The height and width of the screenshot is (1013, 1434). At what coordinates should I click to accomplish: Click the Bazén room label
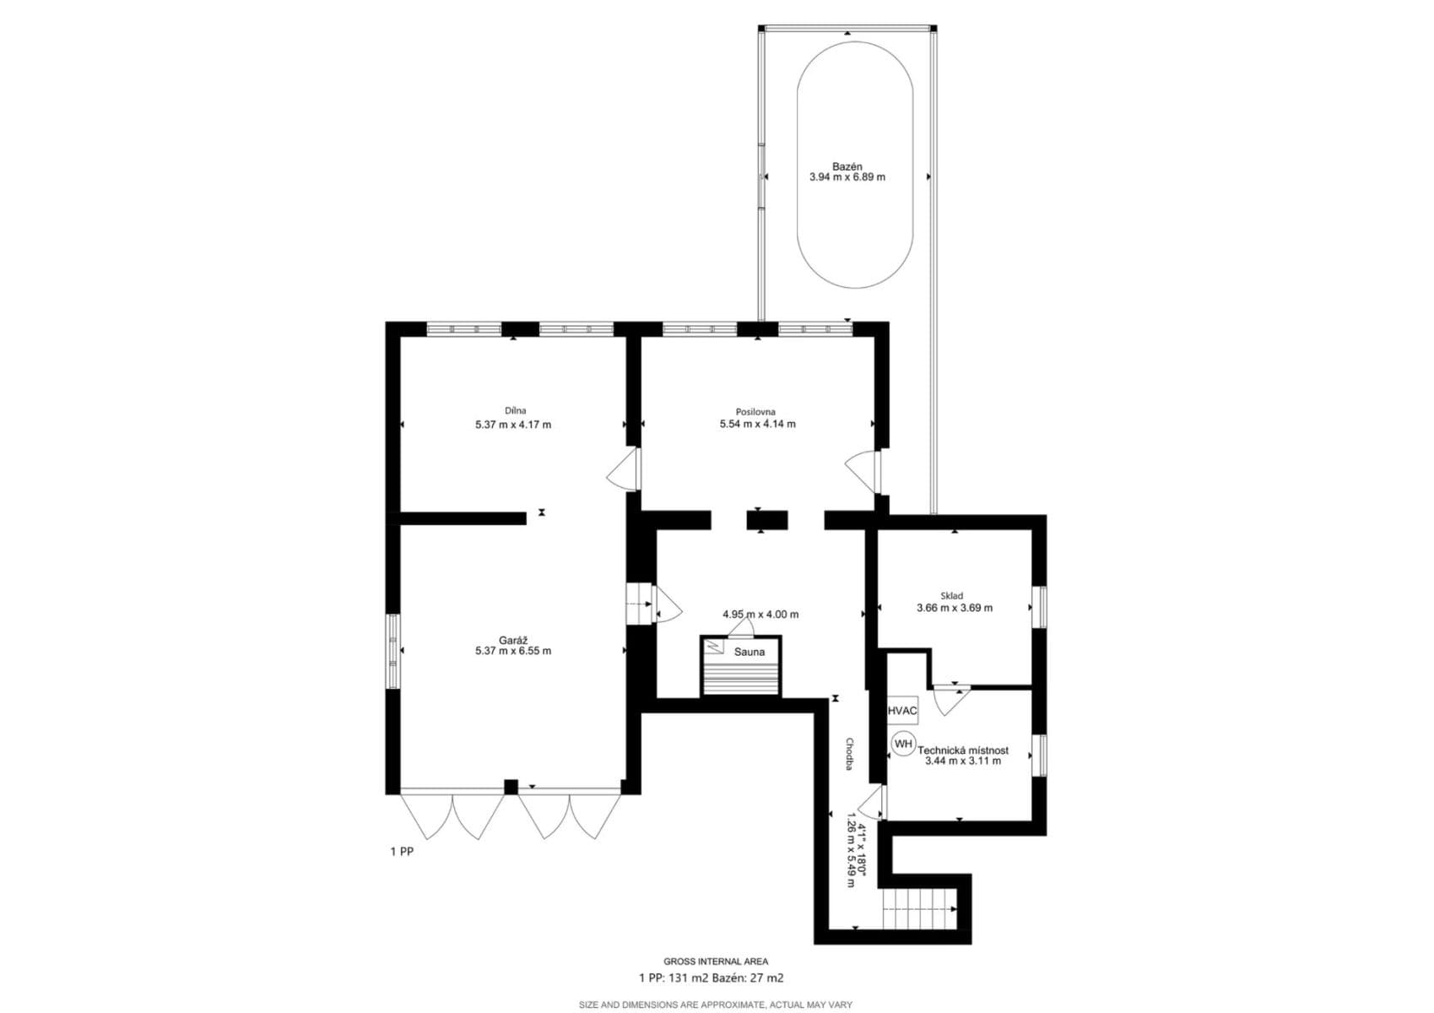847,166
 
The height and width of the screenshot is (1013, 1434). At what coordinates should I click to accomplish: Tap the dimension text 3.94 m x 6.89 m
847,177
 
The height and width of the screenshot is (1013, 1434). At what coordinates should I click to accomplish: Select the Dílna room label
515,411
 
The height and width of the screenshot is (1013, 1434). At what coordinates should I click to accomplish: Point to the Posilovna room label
755,412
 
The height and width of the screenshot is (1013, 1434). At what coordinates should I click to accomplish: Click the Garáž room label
513,640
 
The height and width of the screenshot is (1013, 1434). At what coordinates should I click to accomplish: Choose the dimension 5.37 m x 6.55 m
513,651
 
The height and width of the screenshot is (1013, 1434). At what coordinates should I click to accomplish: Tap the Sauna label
749,652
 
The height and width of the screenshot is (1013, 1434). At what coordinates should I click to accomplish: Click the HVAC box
901,712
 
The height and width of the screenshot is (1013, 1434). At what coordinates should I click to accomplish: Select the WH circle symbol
903,744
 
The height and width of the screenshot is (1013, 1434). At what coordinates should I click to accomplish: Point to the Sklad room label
951,596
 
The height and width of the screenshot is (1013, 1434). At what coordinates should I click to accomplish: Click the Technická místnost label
962,750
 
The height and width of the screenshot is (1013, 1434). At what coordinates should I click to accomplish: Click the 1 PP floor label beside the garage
402,852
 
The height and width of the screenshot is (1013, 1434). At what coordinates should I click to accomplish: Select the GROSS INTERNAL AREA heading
715,962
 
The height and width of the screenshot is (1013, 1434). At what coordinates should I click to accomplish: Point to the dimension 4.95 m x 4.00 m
760,615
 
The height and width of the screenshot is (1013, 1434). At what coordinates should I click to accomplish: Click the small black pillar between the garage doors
510,787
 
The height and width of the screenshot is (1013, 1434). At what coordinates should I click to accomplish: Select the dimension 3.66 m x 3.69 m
954,608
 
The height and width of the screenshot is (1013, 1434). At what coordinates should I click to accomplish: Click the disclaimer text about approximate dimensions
715,1005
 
